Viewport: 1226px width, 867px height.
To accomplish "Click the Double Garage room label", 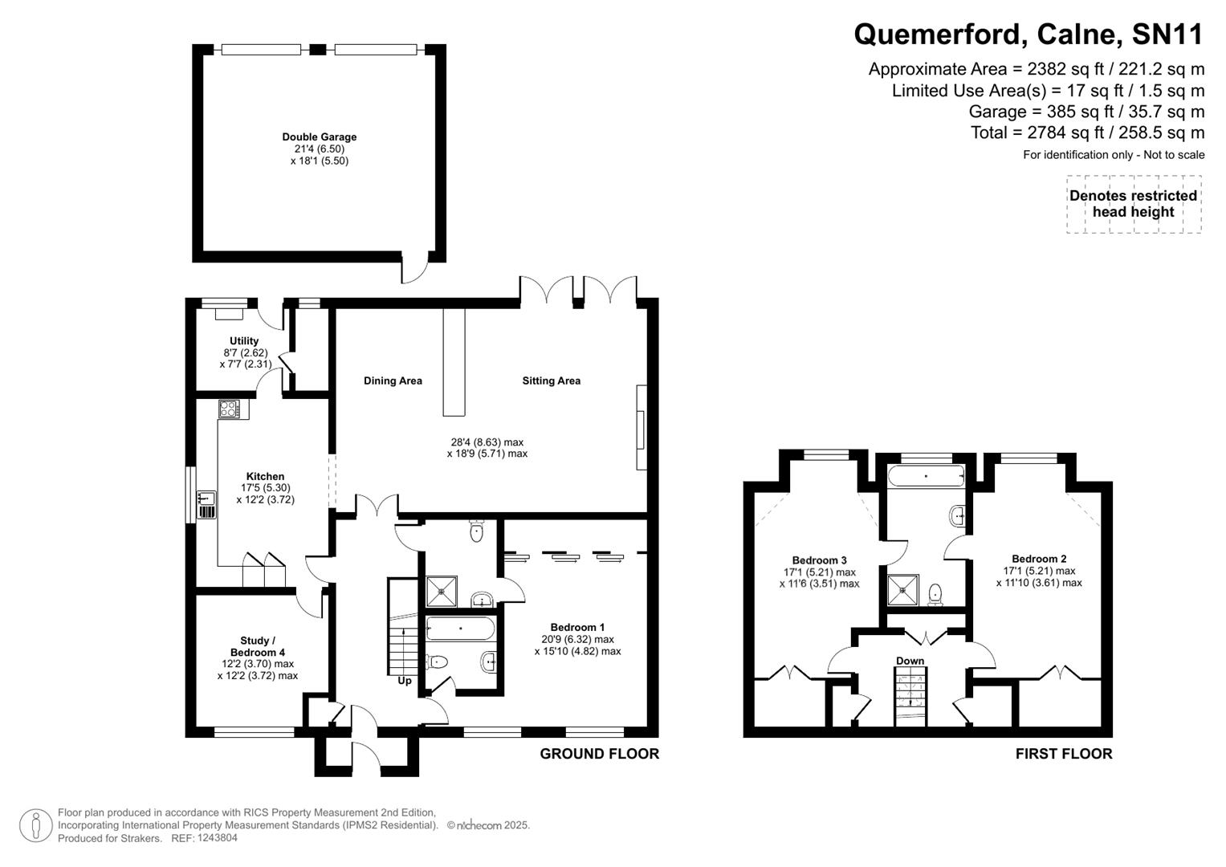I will click(x=319, y=137).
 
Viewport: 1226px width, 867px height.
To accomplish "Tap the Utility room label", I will click(x=244, y=341).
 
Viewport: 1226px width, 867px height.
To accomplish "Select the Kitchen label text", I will click(x=265, y=477).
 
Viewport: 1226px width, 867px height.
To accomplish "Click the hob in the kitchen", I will click(x=229, y=409).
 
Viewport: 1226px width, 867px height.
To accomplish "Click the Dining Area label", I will click(x=393, y=381).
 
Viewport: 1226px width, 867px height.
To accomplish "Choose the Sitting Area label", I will click(x=551, y=381).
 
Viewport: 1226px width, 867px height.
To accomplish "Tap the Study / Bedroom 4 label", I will click(x=257, y=646).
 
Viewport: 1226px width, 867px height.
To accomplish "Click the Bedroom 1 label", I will click(x=577, y=627).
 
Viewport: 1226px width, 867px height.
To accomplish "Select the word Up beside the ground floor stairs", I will click(x=405, y=681).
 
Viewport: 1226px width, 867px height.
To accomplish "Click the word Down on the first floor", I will click(x=910, y=661).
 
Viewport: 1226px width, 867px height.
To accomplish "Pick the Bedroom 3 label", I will click(x=819, y=560).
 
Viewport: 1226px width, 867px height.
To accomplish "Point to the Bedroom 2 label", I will click(x=1039, y=559).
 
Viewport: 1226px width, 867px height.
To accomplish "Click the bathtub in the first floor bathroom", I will click(x=925, y=476).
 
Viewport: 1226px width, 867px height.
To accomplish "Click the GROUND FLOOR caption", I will click(x=599, y=754).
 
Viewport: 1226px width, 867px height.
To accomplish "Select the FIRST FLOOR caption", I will click(x=1063, y=754).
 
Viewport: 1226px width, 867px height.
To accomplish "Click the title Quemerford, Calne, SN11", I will click(x=1028, y=35).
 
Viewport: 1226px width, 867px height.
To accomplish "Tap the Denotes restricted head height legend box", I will click(x=1133, y=204).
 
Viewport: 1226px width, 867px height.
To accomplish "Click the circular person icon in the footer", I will click(x=35, y=825).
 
